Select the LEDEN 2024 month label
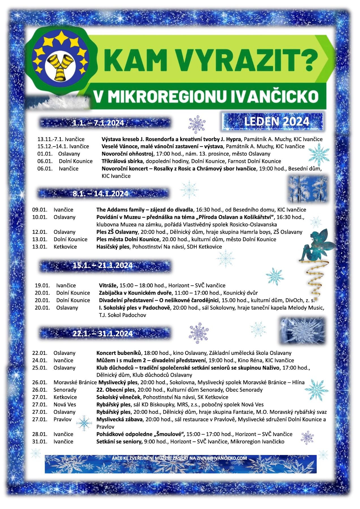click(x=276, y=121)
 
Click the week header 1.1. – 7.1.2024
click(x=98, y=123)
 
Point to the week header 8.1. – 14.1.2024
click(x=100, y=194)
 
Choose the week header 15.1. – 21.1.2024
click(x=103, y=265)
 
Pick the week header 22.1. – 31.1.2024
click(x=103, y=333)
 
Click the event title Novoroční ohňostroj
click(x=128, y=154)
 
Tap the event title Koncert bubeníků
click(x=119, y=353)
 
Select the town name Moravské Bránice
click(x=75, y=382)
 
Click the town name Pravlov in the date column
click(x=62, y=419)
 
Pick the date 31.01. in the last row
click(x=40, y=441)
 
